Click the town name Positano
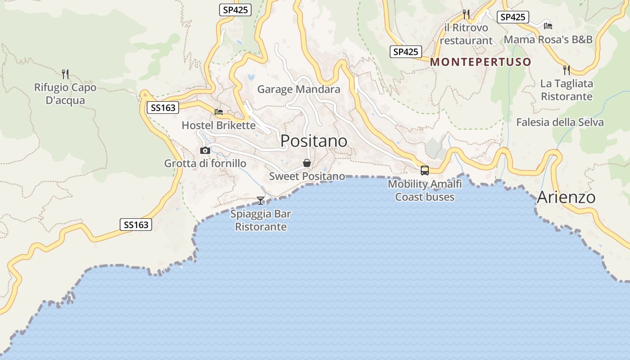(x=314, y=141)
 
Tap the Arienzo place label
(x=566, y=197)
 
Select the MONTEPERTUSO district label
(x=481, y=62)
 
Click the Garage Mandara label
(x=298, y=89)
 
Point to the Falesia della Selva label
(x=560, y=122)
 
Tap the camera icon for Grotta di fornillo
(x=205, y=150)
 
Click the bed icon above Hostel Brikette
(x=219, y=112)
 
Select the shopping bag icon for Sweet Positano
(x=307, y=163)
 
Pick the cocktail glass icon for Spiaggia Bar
(x=261, y=200)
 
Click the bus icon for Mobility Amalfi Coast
(x=424, y=170)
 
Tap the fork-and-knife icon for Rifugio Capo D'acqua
(x=65, y=74)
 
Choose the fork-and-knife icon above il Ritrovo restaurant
(x=466, y=14)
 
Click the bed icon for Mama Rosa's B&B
(x=548, y=26)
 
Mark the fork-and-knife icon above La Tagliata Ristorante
(x=567, y=70)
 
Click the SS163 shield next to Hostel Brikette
(x=163, y=108)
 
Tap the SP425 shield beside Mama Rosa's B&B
(x=513, y=17)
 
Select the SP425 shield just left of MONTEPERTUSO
(x=405, y=52)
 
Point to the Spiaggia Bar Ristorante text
(x=261, y=220)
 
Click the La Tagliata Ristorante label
(x=567, y=90)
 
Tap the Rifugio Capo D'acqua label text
(x=65, y=94)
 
